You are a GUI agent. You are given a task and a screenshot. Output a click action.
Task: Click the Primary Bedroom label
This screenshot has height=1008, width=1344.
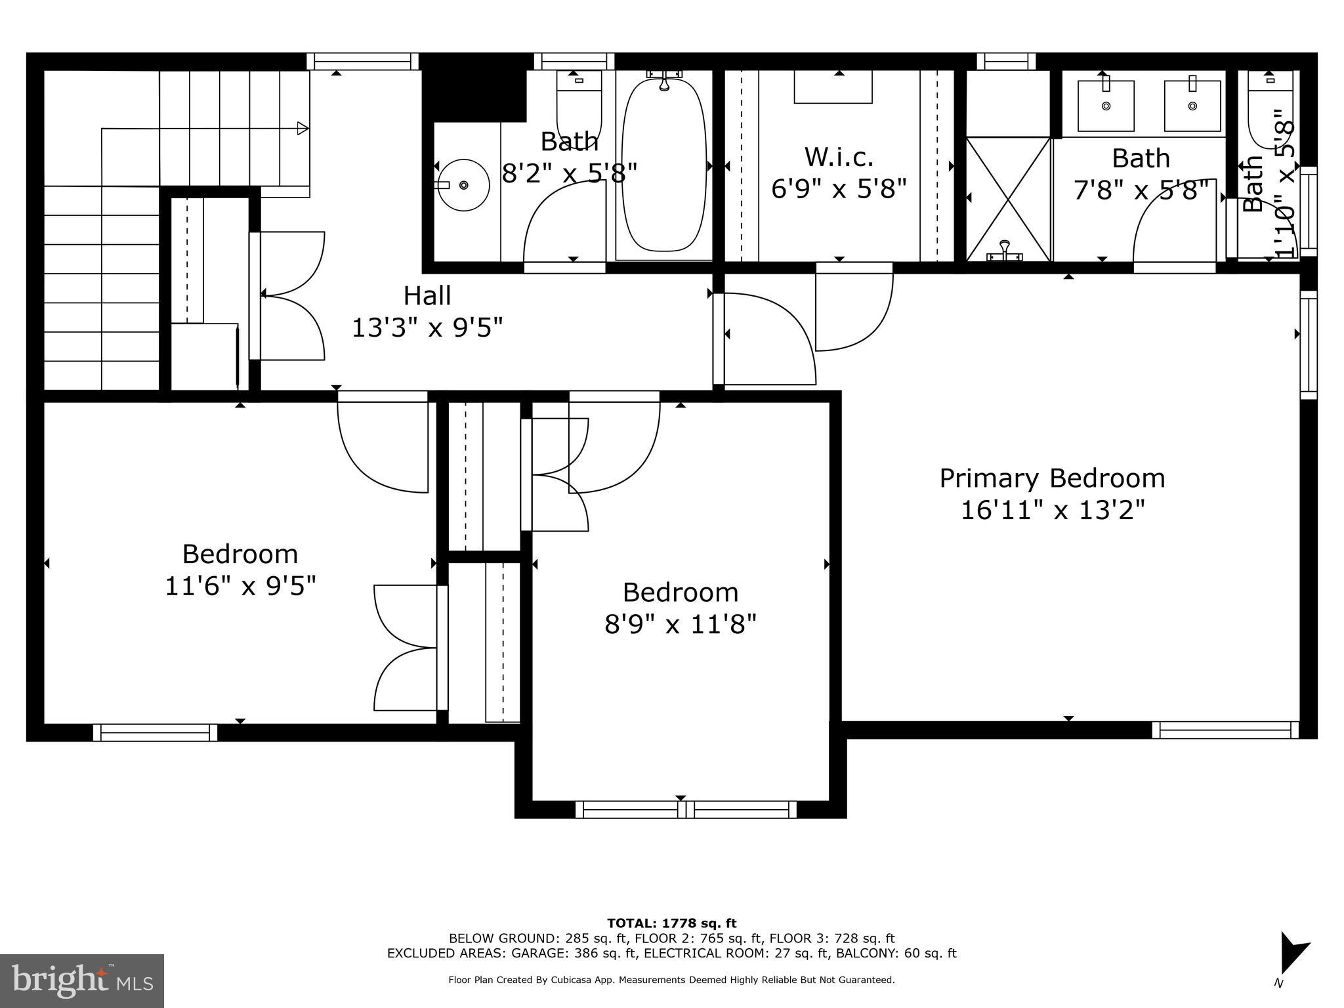coord(1052,478)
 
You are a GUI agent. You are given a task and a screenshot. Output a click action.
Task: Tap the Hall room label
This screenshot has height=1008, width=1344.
coord(427,295)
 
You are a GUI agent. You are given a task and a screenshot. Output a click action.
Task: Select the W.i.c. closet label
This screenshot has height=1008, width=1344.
coord(839,157)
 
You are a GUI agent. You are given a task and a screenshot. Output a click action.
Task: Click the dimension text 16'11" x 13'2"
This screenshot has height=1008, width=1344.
coord(1053,510)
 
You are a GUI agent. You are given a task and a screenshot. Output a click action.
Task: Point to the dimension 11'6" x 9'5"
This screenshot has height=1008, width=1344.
coord(240,586)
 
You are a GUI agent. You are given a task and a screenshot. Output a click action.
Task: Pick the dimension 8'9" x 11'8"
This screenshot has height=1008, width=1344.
coord(681,624)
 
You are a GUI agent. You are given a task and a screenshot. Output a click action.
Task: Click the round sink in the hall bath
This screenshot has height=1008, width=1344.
coord(463,185)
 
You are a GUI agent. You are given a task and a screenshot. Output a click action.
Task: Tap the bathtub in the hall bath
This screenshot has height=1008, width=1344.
coord(663,165)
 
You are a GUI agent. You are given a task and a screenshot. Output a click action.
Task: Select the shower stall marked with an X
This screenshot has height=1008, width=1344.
coord(1009,199)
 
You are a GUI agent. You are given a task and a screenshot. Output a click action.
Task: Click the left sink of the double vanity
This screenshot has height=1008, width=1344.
coord(1106,106)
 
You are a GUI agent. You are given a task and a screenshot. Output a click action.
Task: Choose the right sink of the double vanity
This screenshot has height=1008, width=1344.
coord(1192,106)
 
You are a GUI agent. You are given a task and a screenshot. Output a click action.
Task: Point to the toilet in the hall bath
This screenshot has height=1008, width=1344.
coord(578,105)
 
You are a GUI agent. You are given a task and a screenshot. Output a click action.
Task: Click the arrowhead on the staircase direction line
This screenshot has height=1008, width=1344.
coord(303,128)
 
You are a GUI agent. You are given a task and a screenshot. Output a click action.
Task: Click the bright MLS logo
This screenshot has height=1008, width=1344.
coord(82,980)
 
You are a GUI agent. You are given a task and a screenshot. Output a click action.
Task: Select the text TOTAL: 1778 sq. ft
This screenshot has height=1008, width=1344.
coord(671,924)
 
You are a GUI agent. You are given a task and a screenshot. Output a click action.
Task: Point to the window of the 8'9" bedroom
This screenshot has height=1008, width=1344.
coord(686,809)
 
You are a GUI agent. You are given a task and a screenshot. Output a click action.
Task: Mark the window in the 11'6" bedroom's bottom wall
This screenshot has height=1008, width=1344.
coord(155,732)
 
